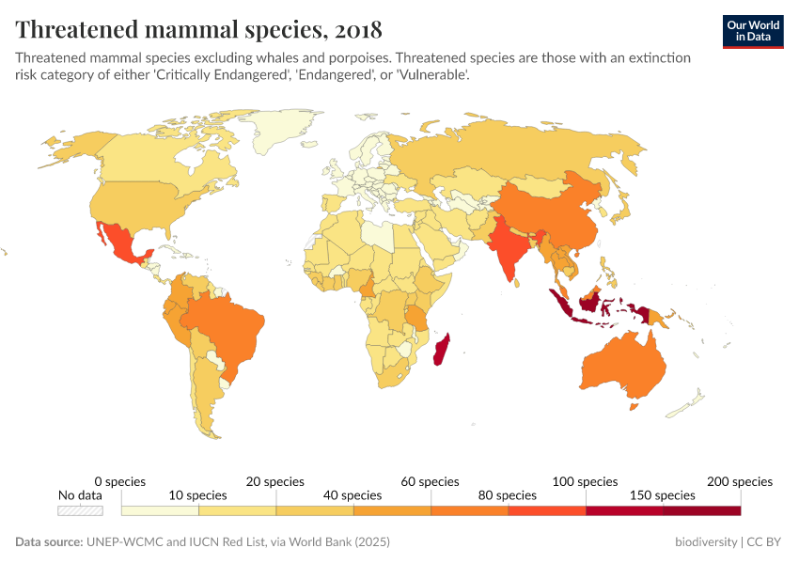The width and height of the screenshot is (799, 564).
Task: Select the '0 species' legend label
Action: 120,481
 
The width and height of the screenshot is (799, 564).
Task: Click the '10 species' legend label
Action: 198,494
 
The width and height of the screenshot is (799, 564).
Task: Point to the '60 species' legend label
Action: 431,481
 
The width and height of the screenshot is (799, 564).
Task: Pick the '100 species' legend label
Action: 585,481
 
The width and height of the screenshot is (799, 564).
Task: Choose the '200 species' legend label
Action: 740,481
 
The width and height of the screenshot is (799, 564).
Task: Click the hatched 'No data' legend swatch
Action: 80,510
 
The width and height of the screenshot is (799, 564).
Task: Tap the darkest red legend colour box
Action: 701,510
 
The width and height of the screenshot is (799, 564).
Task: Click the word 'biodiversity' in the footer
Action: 706,542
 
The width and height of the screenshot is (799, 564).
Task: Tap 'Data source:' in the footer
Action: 50,542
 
